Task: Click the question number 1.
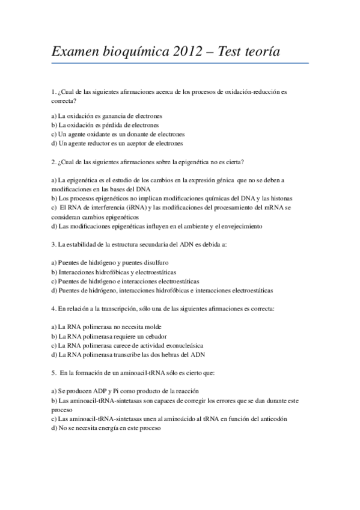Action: (x=53, y=93)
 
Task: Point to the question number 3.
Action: (x=53, y=245)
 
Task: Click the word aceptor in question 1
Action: (x=140, y=143)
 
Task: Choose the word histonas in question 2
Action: (x=279, y=198)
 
